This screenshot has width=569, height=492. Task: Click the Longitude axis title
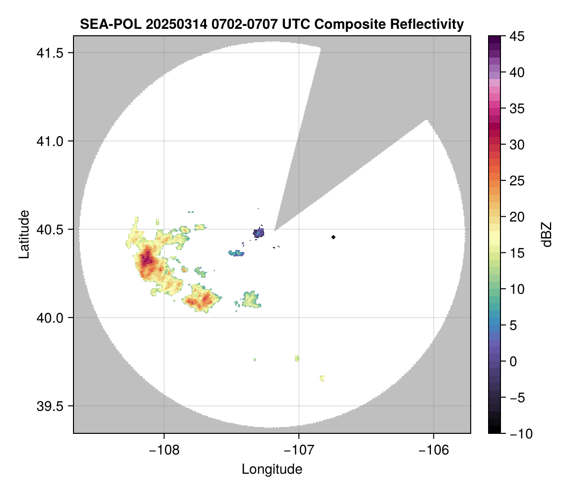click(x=272, y=469)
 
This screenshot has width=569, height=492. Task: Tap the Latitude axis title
click(x=24, y=234)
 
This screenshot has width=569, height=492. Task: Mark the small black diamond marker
click(x=333, y=237)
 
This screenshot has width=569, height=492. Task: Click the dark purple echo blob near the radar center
click(x=258, y=232)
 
